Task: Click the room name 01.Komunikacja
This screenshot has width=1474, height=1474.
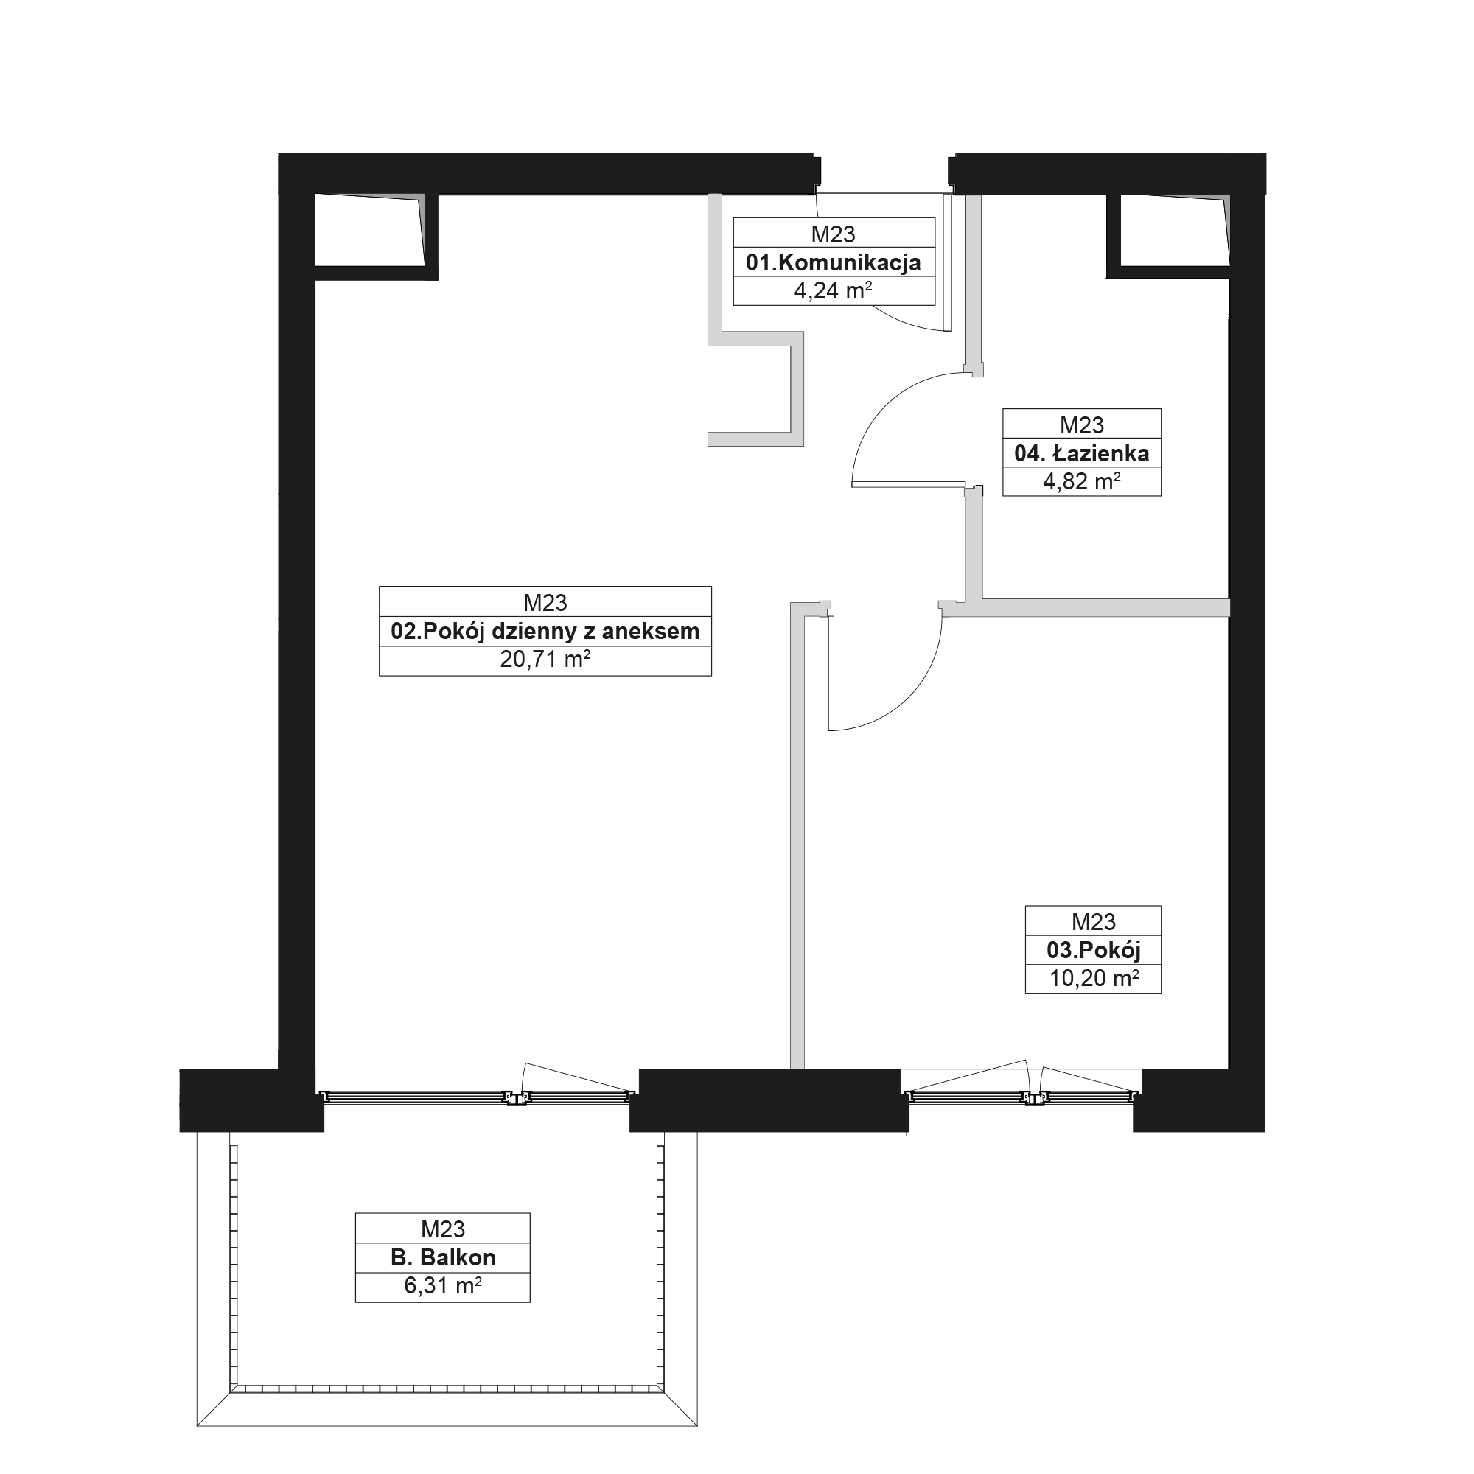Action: pyautogui.click(x=833, y=263)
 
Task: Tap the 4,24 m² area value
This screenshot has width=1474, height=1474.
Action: pyautogui.click(x=833, y=290)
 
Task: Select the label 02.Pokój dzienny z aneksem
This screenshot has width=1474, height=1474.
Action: pyautogui.click(x=545, y=632)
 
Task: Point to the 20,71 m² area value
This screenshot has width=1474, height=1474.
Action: pyautogui.click(x=545, y=659)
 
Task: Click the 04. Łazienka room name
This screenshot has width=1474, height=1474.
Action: pyautogui.click(x=1081, y=454)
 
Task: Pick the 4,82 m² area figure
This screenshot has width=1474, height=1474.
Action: pyautogui.click(x=1081, y=481)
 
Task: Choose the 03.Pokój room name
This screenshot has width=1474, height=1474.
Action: pyautogui.click(x=1093, y=951)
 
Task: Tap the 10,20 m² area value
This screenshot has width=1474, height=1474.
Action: pyautogui.click(x=1093, y=978)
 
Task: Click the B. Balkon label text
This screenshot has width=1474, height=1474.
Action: pyautogui.click(x=442, y=1257)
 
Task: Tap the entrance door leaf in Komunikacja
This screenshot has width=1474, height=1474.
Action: pyautogui.click(x=948, y=262)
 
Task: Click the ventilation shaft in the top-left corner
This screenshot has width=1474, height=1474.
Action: pyautogui.click(x=369, y=230)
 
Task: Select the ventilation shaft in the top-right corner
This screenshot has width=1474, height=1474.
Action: pyautogui.click(x=1174, y=230)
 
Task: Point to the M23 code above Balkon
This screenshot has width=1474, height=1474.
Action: pyautogui.click(x=442, y=1229)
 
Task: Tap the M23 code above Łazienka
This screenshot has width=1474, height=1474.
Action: pyautogui.click(x=1081, y=425)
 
